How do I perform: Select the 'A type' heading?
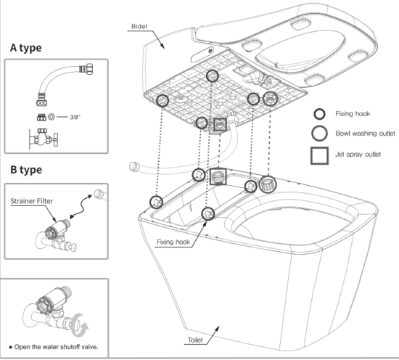point(25,47)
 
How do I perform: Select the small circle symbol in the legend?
point(318,114)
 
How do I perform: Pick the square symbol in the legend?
point(318,155)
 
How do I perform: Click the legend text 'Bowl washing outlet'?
point(364,134)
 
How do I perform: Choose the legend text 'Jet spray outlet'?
point(359,155)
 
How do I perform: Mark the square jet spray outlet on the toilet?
point(218,177)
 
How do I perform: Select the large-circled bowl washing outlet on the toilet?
point(267,184)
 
